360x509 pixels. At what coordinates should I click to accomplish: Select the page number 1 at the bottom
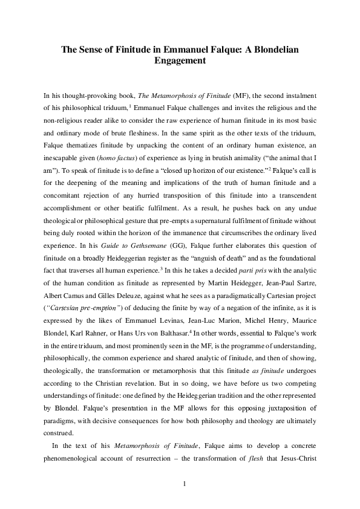point(180,484)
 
